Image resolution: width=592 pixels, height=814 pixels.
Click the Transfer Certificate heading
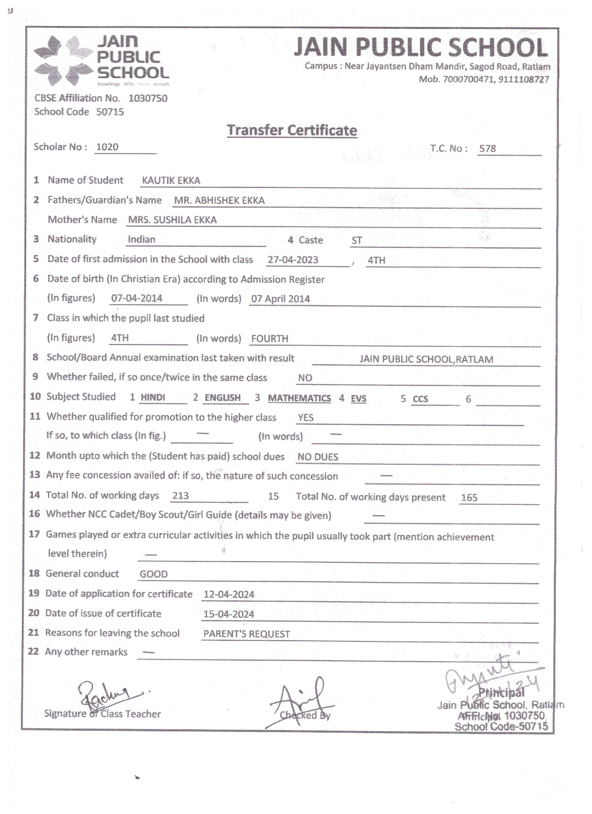click(x=292, y=130)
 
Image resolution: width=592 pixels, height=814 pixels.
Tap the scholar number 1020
click(x=107, y=147)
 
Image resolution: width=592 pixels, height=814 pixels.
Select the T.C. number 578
click(x=487, y=148)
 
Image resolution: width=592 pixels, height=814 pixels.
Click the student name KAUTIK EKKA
click(x=171, y=181)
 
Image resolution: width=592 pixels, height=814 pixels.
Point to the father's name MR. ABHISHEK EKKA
click(x=219, y=201)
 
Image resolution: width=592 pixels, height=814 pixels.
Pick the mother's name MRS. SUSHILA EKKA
click(x=172, y=220)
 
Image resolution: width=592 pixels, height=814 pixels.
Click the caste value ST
click(x=356, y=240)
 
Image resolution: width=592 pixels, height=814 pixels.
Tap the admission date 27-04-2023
click(x=293, y=260)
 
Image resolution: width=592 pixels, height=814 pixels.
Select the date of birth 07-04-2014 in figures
click(x=137, y=298)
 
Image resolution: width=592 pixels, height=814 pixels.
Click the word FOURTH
click(x=269, y=339)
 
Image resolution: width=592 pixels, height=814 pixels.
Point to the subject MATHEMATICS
click(x=299, y=398)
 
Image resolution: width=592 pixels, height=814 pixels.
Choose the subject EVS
click(x=358, y=398)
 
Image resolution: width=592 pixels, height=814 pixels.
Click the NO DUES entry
click(x=317, y=457)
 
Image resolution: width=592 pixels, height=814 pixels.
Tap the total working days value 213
click(x=180, y=496)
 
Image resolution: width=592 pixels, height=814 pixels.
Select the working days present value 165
click(x=469, y=498)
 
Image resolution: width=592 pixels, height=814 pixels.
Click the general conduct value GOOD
click(x=153, y=574)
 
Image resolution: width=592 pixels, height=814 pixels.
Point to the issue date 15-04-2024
click(x=229, y=614)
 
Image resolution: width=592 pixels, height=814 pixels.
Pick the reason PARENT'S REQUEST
click(x=246, y=634)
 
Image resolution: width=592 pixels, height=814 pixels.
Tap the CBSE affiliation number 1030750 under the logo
click(x=148, y=98)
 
